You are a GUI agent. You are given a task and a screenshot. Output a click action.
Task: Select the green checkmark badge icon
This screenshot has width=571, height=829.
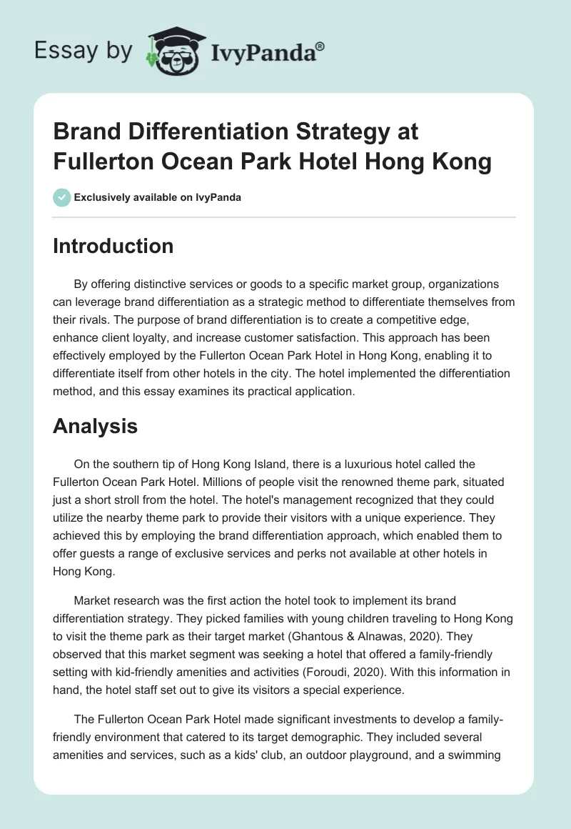pyautogui.click(x=62, y=197)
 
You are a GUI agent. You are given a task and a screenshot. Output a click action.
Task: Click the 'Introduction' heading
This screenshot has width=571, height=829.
pyautogui.click(x=113, y=246)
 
